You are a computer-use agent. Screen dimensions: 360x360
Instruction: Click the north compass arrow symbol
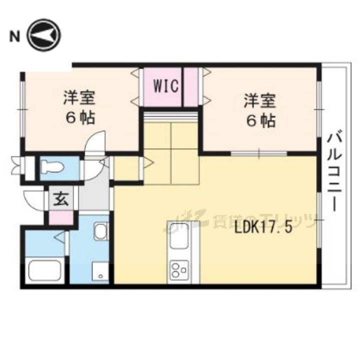(44, 35)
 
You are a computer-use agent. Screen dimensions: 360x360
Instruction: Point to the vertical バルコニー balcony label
(333, 170)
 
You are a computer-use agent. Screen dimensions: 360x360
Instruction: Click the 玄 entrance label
(60, 199)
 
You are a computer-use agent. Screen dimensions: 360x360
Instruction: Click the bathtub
(44, 270)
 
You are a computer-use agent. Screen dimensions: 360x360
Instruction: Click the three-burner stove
(179, 270)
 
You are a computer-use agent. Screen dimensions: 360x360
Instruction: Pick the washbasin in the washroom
(100, 233)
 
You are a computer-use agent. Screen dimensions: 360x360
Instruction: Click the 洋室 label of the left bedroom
(79, 98)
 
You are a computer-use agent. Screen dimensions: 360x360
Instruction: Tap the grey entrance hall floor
(93, 195)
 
